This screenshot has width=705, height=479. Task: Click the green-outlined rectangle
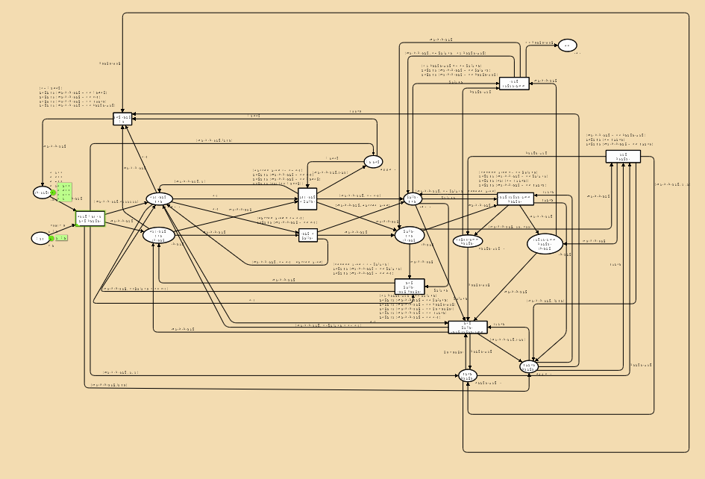(90, 219)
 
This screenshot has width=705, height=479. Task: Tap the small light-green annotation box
(62, 238)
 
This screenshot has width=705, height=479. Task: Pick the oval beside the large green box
(42, 192)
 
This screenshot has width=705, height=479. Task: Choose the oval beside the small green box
(40, 238)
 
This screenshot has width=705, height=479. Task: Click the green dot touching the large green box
(52, 192)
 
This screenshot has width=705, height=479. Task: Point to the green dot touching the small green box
(51, 238)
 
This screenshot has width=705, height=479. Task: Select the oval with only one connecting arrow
(567, 46)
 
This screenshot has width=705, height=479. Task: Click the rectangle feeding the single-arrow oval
(514, 84)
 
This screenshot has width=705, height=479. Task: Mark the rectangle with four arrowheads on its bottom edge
(623, 157)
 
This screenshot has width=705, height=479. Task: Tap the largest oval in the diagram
(545, 243)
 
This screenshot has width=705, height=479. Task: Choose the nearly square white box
(308, 198)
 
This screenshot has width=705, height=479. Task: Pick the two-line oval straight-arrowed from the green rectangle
(158, 199)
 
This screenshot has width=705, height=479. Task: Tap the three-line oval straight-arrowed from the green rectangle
(158, 235)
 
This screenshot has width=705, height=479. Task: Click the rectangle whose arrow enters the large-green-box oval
(123, 118)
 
